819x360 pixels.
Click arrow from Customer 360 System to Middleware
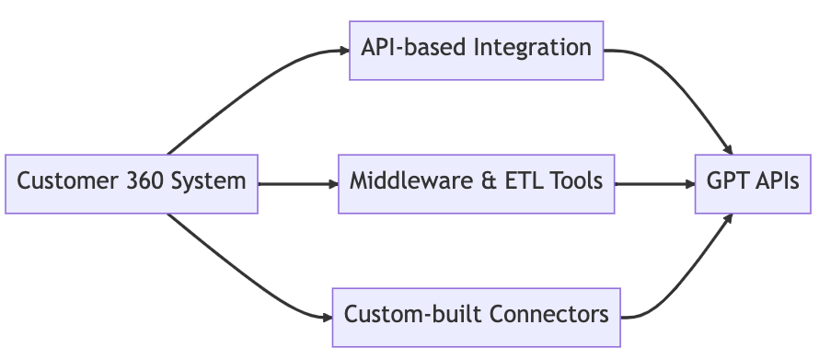coord(298,184)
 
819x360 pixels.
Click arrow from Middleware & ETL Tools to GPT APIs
coord(654,184)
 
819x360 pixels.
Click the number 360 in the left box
coord(145,180)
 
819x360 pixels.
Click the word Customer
coord(66,180)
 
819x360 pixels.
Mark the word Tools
coord(578,180)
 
